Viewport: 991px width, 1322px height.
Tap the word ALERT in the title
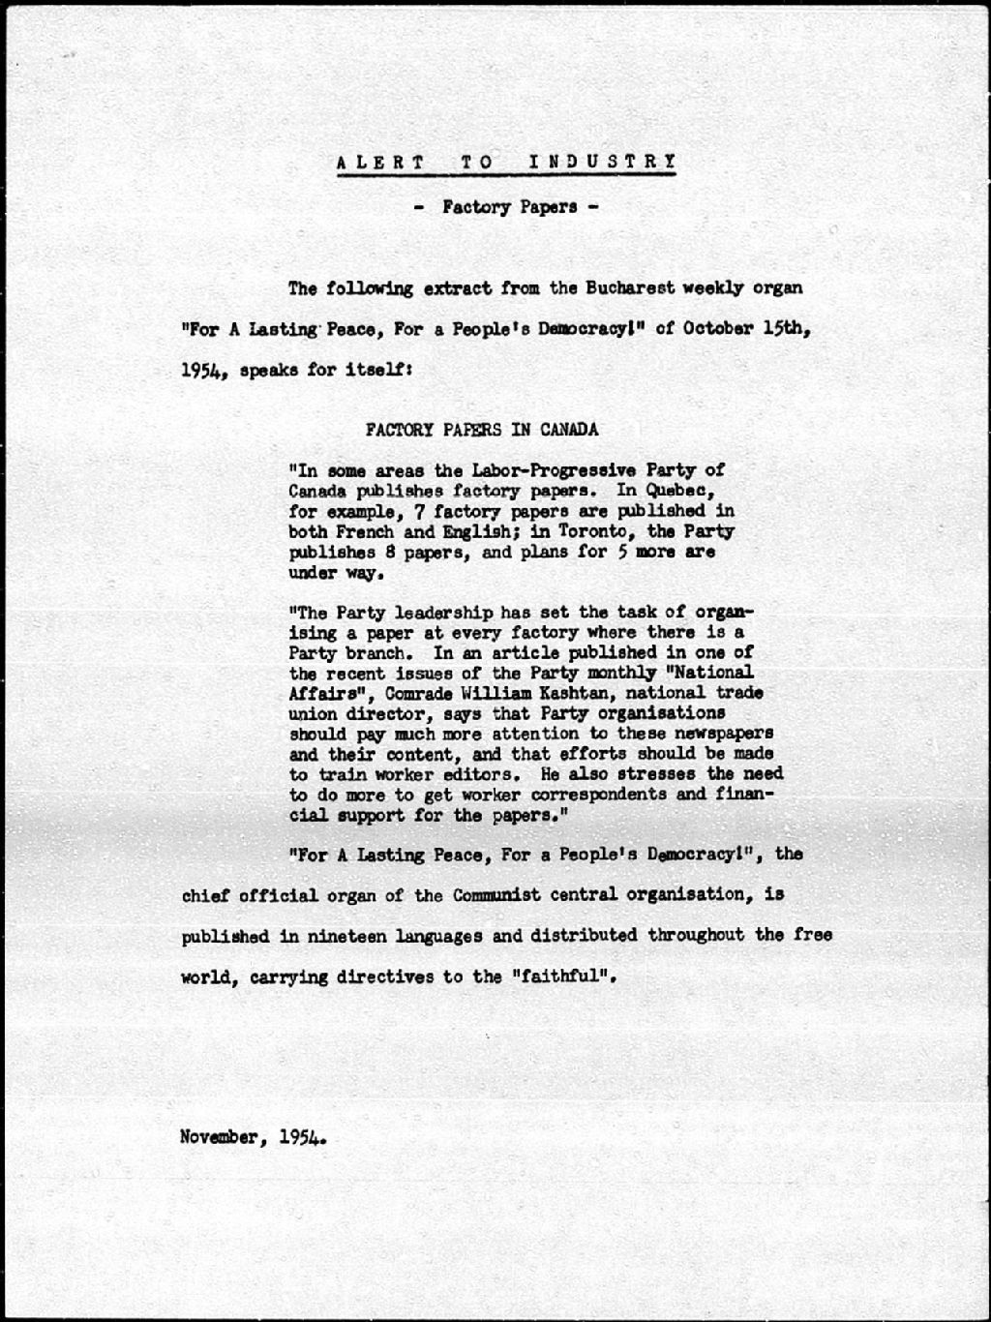(379, 162)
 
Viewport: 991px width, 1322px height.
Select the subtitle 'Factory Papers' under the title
(510, 206)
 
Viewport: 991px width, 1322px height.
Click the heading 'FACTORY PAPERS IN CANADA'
(481, 429)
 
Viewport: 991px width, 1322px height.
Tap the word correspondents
(592, 795)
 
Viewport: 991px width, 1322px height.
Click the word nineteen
(353, 936)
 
